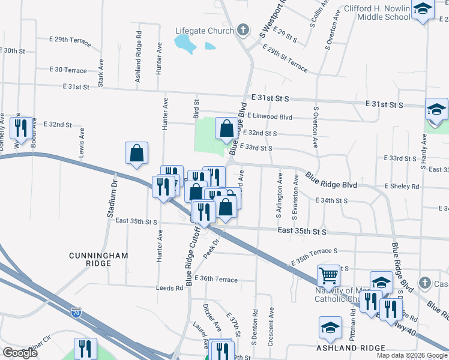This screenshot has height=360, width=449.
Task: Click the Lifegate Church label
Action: (203, 31)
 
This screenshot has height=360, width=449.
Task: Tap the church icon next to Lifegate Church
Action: (243, 30)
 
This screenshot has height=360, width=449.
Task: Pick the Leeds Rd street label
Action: (170, 288)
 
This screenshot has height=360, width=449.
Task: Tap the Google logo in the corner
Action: (20, 353)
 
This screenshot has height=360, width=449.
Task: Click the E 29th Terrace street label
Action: (70, 41)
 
